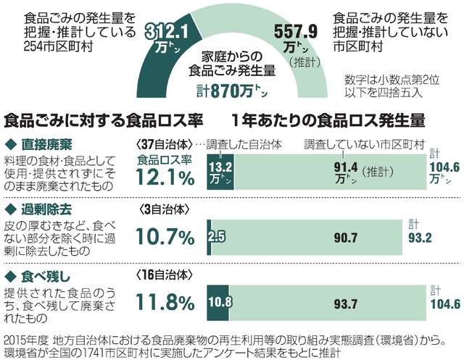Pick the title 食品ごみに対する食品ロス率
[x=103, y=119]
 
